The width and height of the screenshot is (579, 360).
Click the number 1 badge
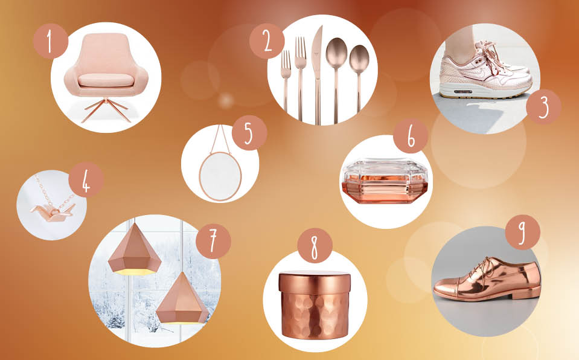tap(51, 42)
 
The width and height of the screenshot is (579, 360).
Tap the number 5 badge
tap(249, 133)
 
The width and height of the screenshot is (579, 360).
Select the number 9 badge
tap(522, 232)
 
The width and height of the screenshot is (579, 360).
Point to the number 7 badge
tap(213, 242)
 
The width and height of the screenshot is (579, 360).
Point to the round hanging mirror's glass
tap(220, 176)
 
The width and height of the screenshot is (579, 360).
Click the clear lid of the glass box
tap(386, 169)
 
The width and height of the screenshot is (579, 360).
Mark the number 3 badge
tap(543, 106)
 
